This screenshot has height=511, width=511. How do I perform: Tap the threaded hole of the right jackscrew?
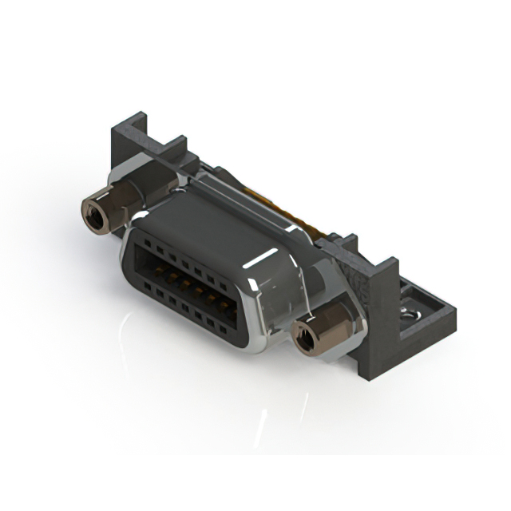[x=304, y=339]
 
